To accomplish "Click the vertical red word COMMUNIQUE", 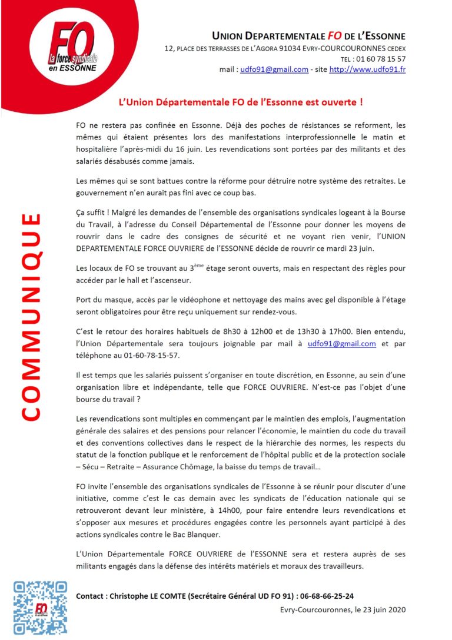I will pyautogui.click(x=30, y=318).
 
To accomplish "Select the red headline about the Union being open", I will pyautogui.click(x=241, y=102).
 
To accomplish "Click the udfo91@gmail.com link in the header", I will pyautogui.click(x=274, y=69).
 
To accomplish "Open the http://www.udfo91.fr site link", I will pyautogui.click(x=367, y=69).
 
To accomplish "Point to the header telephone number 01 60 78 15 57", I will pyautogui.click(x=381, y=59).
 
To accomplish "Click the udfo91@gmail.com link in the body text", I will pyautogui.click(x=342, y=344).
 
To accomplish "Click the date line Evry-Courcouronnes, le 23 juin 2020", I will pyautogui.click(x=343, y=609).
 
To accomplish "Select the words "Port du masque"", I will pyautogui.click(x=104, y=300).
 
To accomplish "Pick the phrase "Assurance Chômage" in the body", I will pyautogui.click(x=187, y=467).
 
